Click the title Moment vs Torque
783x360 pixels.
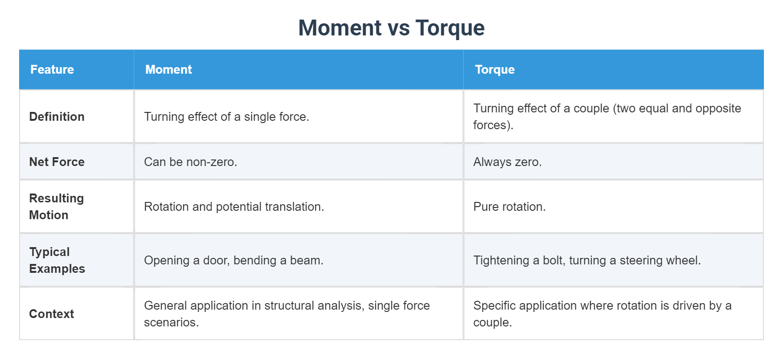point(391,28)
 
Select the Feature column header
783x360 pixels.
point(52,69)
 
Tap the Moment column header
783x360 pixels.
point(168,69)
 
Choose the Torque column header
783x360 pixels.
point(495,69)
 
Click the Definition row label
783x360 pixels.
point(57,117)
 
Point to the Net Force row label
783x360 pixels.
point(57,162)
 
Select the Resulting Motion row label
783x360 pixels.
point(56,207)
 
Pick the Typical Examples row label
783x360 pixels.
point(57,260)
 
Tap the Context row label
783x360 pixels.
point(52,314)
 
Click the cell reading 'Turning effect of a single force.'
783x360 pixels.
point(227,117)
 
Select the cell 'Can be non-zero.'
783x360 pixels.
point(191,162)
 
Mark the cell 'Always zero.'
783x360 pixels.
point(508,162)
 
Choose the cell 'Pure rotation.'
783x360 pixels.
point(509,207)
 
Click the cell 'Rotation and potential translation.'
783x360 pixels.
point(234,207)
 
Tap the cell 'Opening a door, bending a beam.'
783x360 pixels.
point(234,260)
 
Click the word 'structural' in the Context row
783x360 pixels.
point(290,305)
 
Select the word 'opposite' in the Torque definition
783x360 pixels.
point(719,108)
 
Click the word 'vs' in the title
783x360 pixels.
point(398,28)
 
